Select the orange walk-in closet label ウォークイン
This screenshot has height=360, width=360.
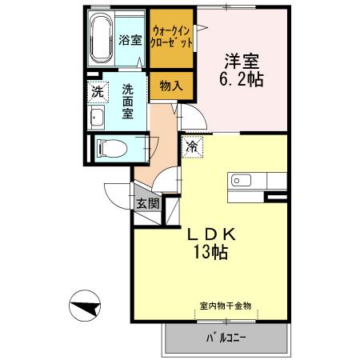click(x=172, y=26)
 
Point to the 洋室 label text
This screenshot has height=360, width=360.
click(x=238, y=60)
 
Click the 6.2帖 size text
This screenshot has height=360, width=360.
click(x=238, y=79)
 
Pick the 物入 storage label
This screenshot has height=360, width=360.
click(x=170, y=86)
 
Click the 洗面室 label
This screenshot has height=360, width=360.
click(x=128, y=101)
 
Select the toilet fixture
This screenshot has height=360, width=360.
click(x=107, y=147)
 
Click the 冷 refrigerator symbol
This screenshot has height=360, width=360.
click(x=194, y=146)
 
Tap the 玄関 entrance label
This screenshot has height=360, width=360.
click(x=147, y=202)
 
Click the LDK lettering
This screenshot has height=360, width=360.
click(x=210, y=235)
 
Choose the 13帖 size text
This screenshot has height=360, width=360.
click(x=210, y=254)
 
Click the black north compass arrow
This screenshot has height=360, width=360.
click(x=86, y=306)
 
